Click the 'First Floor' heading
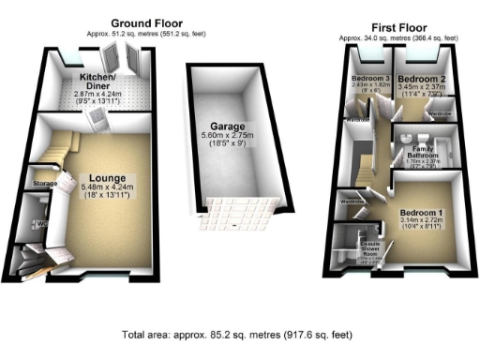tap(397, 27)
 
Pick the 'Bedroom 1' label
tap(417, 212)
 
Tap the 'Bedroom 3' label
tap(370, 78)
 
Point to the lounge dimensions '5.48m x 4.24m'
tap(110, 187)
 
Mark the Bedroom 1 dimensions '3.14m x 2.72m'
tap(417, 221)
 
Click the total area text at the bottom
tap(239, 335)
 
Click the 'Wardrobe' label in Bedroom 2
tap(439, 114)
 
